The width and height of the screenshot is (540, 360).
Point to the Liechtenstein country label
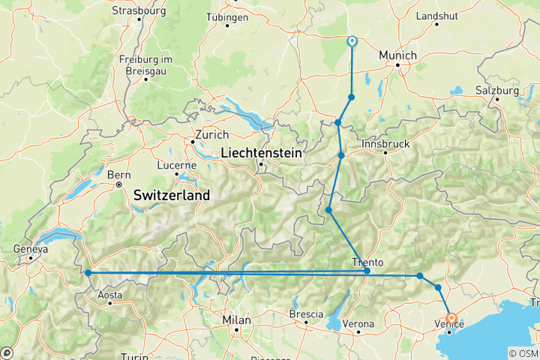260,153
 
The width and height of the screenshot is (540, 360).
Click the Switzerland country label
171,195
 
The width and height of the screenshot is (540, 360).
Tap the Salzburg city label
496,91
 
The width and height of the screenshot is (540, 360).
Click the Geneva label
30,250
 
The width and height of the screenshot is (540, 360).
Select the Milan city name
236,319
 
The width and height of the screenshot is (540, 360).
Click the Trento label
367,262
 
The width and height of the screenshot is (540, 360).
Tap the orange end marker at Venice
451,317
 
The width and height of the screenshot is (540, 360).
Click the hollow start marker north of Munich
352,41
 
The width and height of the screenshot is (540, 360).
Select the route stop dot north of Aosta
88,273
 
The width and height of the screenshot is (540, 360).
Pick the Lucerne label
176,165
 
